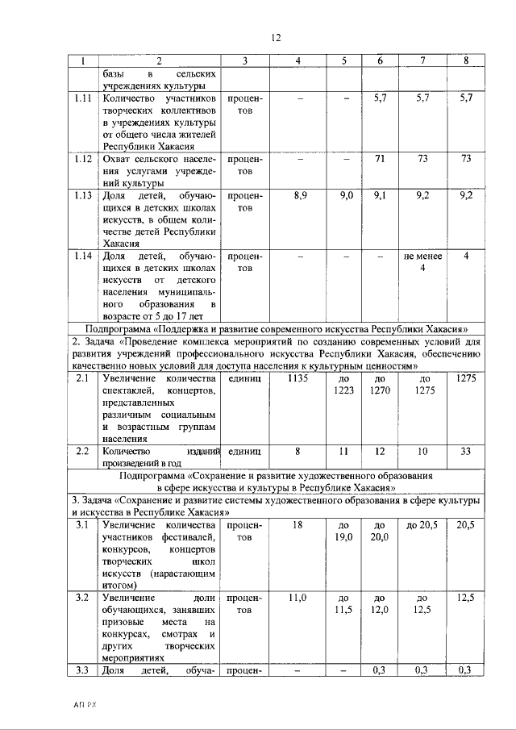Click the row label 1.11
[81, 98]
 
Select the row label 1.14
[81, 256]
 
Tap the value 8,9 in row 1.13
[299, 196]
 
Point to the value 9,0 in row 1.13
[346, 196]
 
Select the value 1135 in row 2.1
[299, 378]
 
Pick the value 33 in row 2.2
[465, 452]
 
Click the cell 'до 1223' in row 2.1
[346, 384]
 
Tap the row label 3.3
[81, 670]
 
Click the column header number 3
[245, 61]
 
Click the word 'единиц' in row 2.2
[245, 452]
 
